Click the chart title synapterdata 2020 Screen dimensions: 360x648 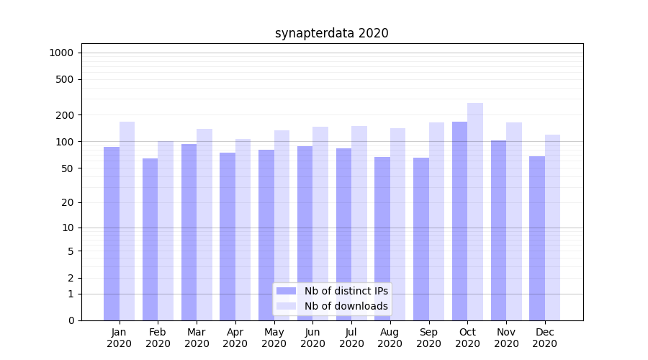pos(331,33)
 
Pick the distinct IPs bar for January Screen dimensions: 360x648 pos(112,233)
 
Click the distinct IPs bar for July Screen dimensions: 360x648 pos(343,234)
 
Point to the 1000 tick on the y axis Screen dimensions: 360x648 pos(61,53)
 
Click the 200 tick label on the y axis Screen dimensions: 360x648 pos(65,115)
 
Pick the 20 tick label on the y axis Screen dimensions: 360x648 pos(68,202)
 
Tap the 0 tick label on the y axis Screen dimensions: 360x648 pos(71,320)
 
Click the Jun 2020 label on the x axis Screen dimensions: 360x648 pos(312,338)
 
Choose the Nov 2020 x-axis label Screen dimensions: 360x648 pos(506,338)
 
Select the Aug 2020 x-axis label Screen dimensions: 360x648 pos(390,338)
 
